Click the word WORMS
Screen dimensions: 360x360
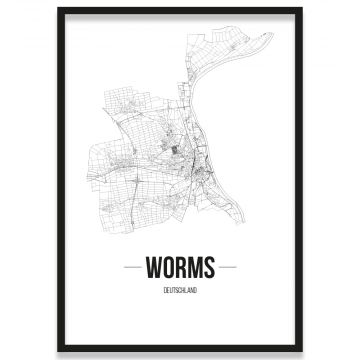coord(180,268)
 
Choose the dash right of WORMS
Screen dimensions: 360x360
coord(228,268)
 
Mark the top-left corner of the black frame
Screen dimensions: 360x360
coord(59,9)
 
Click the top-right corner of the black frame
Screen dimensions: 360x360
coord(301,9)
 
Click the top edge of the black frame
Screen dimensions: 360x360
coord(180,9)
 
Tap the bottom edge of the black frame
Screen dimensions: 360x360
coord(180,349)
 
